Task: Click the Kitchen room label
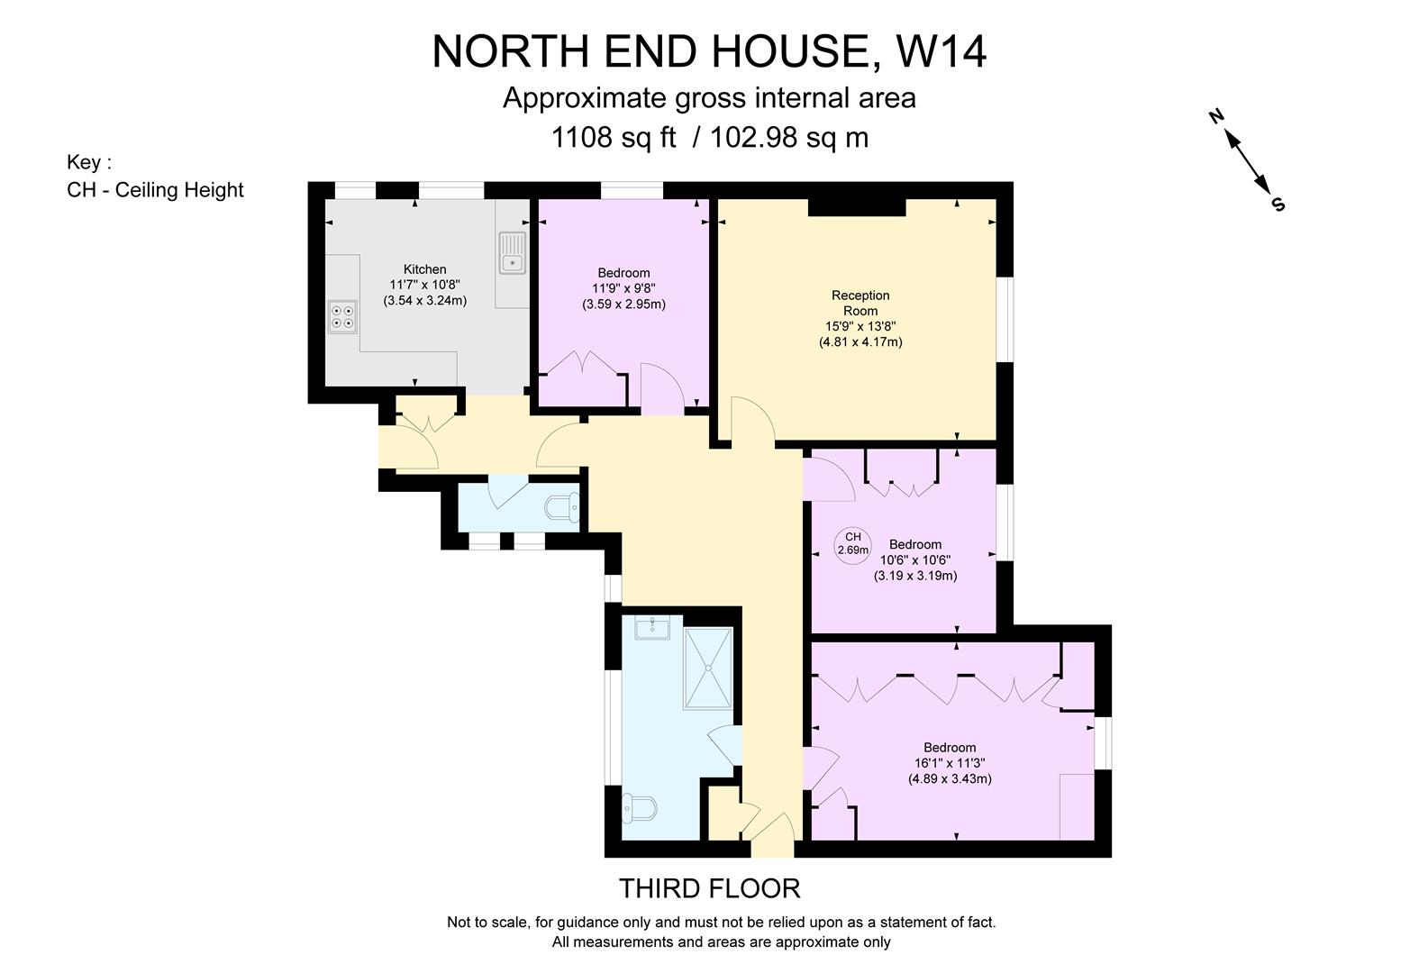(424, 268)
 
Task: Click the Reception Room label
(860, 303)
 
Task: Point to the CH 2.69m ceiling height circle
(852, 543)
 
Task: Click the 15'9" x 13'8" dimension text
(860, 326)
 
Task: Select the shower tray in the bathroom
(708, 668)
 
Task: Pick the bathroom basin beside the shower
(651, 627)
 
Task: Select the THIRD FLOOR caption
(709, 888)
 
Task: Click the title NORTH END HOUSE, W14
(709, 51)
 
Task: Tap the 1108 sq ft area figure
(613, 137)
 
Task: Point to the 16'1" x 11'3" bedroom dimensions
(950, 763)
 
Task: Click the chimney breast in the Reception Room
(856, 207)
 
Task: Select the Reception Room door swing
(752, 420)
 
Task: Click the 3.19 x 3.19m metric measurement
(914, 576)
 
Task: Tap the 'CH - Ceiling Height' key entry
(155, 190)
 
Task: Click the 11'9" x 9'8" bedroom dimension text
(623, 288)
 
